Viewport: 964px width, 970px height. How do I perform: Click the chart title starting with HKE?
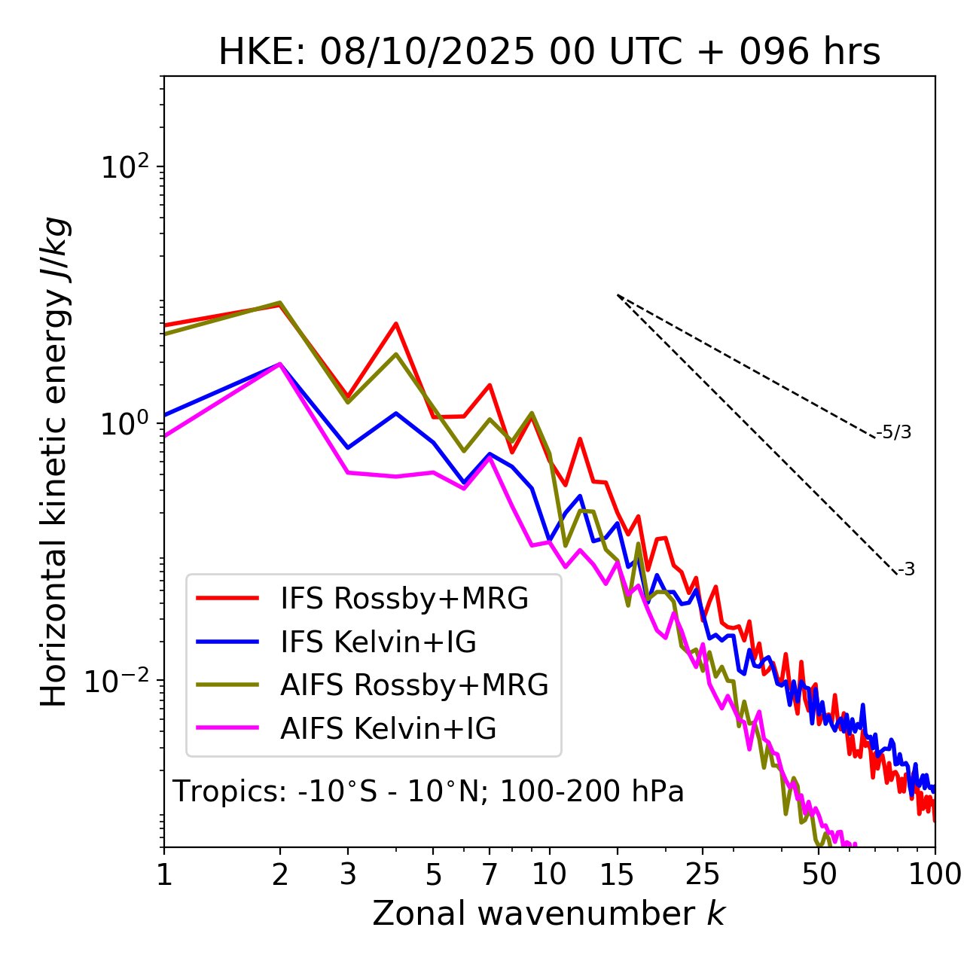click(x=549, y=52)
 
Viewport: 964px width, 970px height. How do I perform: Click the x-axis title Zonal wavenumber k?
click(x=548, y=913)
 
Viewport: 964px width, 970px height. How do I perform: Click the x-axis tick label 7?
click(x=490, y=874)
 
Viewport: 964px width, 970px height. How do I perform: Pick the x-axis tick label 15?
click(x=617, y=874)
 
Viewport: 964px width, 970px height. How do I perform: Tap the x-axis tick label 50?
click(x=819, y=874)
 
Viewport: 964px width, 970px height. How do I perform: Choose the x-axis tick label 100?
click(x=934, y=874)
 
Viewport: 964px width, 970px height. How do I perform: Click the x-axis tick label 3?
click(x=348, y=874)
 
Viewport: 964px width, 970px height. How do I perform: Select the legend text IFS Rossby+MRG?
click(x=404, y=598)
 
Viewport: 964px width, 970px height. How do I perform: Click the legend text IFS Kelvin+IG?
click(x=378, y=642)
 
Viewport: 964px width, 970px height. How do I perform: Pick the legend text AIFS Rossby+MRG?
click(x=414, y=685)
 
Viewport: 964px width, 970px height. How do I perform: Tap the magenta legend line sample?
click(x=227, y=728)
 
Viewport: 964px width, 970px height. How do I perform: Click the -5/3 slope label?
click(x=894, y=432)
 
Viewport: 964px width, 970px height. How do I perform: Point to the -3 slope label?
click(x=907, y=569)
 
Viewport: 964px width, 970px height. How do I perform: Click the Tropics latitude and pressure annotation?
click(x=429, y=792)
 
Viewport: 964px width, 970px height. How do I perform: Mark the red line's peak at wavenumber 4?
click(x=396, y=324)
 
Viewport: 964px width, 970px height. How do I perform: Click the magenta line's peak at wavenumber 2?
click(x=280, y=364)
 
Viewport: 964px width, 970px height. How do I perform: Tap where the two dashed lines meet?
click(x=618, y=295)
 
